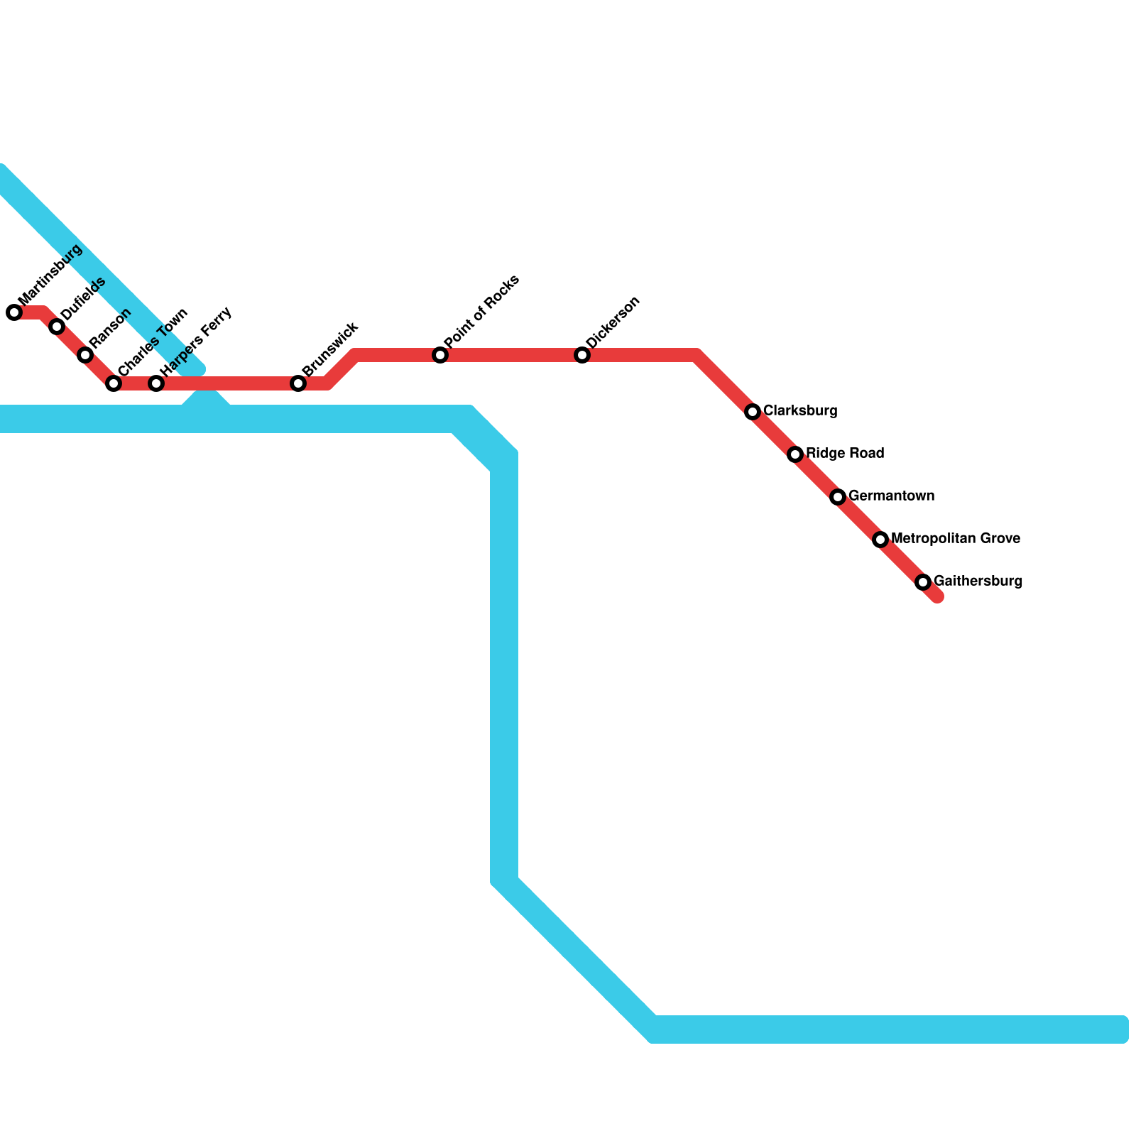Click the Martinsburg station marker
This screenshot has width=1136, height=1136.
[x=14, y=312]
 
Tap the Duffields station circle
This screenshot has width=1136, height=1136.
[x=57, y=327]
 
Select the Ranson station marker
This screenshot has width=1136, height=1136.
[x=85, y=355]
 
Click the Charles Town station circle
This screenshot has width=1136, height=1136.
[x=114, y=383]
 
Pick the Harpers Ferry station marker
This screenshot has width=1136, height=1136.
[x=156, y=383]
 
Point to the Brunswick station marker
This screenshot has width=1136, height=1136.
[x=298, y=383]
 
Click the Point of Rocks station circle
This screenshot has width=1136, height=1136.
[x=440, y=355]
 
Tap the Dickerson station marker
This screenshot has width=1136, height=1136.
[x=582, y=355]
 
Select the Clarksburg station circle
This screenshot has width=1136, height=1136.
[x=753, y=412]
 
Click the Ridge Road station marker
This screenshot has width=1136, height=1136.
[x=795, y=454]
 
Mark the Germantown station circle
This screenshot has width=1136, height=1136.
[x=838, y=497]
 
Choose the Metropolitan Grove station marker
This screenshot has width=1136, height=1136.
[x=880, y=540]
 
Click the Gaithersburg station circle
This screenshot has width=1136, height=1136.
[x=923, y=582]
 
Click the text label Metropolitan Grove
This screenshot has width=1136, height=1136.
[x=955, y=539]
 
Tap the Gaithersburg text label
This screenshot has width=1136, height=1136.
[x=978, y=581]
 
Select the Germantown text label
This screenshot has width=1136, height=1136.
[x=891, y=496]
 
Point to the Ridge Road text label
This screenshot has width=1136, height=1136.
[x=845, y=454]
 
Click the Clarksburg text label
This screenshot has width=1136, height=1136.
[x=800, y=411]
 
